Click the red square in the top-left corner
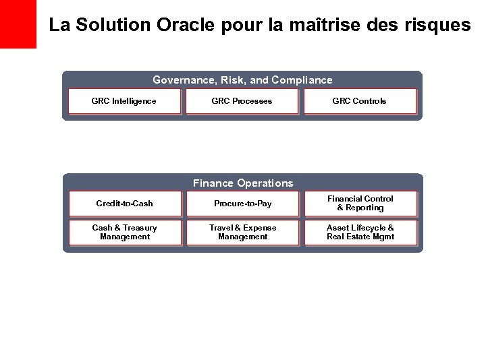18,24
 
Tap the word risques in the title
437,26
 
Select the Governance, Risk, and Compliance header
242,80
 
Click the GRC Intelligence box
124,101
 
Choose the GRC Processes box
242,101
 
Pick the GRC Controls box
360,101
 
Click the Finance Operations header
242,183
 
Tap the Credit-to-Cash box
124,204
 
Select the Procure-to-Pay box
242,204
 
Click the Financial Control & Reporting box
360,204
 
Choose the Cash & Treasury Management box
124,233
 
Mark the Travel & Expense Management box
242,233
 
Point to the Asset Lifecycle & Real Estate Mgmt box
360,233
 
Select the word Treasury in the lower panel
140,228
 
